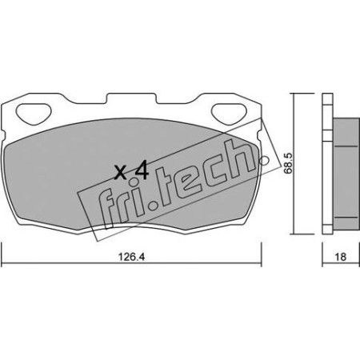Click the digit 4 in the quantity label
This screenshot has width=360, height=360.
142,170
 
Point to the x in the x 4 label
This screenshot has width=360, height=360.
121,171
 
